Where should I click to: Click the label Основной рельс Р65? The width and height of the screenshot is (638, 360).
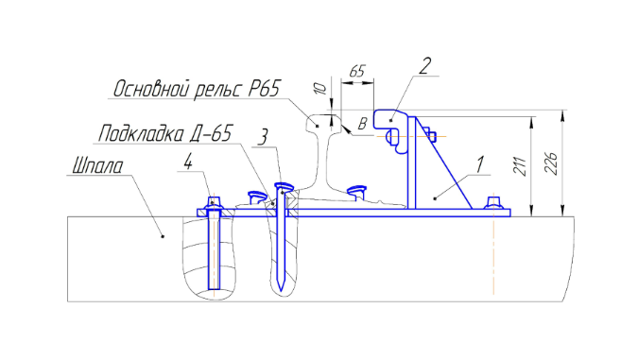pos(197,89)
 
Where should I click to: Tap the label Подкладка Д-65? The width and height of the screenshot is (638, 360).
pos(165,133)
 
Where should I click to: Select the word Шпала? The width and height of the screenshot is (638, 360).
pos(97,166)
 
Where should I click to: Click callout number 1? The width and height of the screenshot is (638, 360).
pos(480,165)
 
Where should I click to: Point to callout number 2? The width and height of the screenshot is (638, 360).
pos(424,66)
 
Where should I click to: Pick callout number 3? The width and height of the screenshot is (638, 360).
pos(264,138)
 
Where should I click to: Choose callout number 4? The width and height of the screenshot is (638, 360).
pos(187,163)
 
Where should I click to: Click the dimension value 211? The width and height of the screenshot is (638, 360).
pos(520,166)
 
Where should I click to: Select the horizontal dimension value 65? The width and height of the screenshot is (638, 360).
pos(357,72)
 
